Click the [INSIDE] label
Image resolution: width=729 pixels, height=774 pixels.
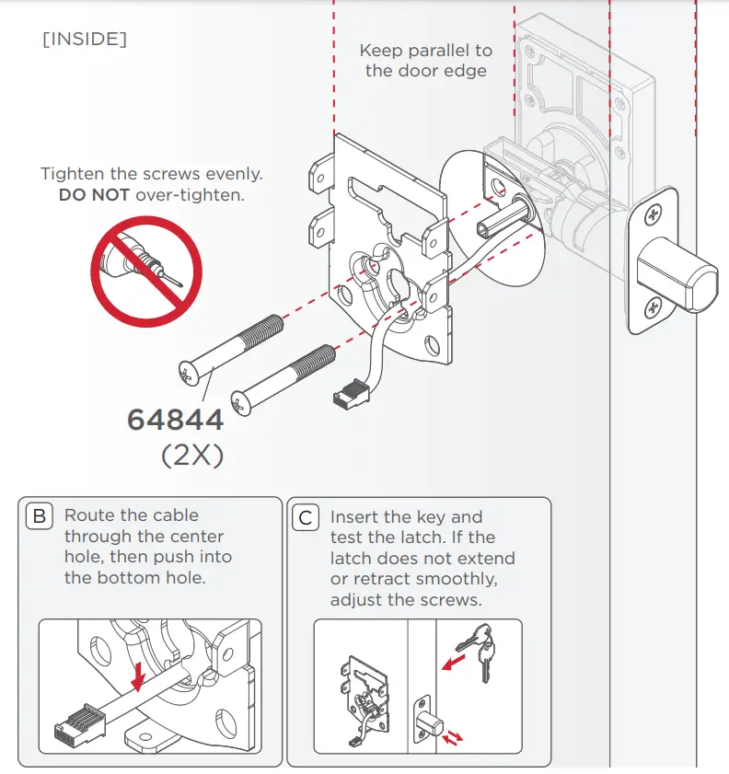(x=85, y=40)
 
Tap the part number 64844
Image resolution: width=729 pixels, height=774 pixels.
(x=175, y=420)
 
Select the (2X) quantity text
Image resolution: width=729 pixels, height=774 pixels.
(x=192, y=456)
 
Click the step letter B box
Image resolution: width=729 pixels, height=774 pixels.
(x=40, y=516)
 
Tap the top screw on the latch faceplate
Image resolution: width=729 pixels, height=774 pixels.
(x=654, y=215)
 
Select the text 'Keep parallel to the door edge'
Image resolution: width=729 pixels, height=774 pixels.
(x=425, y=61)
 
